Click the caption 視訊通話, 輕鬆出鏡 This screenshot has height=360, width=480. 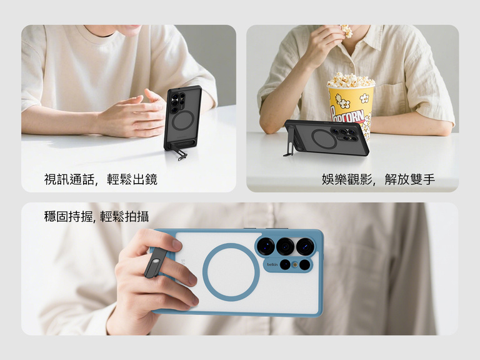(x=101, y=179)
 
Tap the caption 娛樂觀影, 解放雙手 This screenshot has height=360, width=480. (x=378, y=179)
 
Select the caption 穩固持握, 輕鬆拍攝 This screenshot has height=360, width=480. (x=96, y=217)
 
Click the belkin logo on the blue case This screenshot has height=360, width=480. (x=272, y=264)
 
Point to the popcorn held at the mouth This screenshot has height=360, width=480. (x=346, y=31)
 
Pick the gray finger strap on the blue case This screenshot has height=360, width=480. (x=156, y=262)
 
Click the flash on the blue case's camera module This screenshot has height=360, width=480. (x=295, y=264)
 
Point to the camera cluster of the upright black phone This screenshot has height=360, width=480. (x=178, y=102)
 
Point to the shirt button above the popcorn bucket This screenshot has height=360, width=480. (x=351, y=65)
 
